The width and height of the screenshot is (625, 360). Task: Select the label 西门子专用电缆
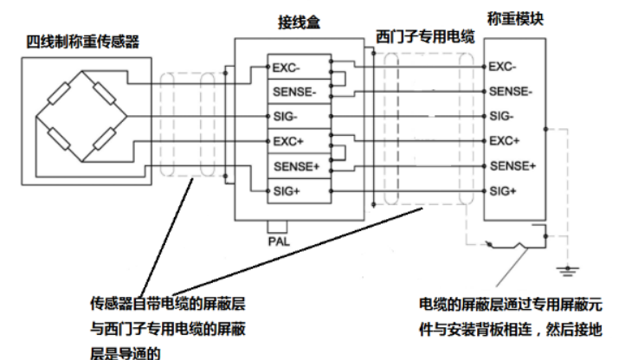click(424, 35)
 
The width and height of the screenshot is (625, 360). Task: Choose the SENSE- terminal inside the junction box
click(293, 91)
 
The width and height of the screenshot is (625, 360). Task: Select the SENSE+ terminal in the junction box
click(294, 165)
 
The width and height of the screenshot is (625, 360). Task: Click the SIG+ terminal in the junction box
click(287, 190)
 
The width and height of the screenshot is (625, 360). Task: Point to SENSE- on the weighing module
click(511, 91)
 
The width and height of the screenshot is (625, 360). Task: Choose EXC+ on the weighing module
click(504, 140)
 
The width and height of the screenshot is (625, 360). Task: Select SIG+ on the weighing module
click(504, 190)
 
